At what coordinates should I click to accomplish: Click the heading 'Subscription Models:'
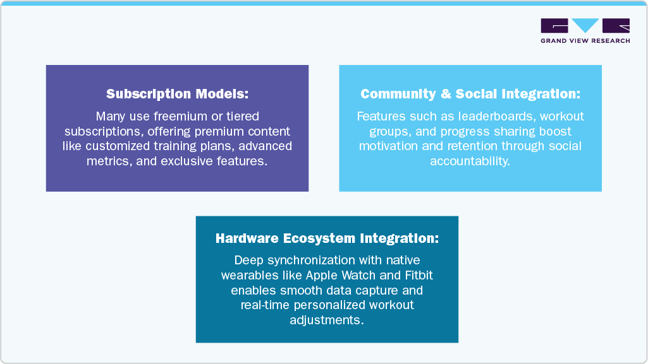[177, 94]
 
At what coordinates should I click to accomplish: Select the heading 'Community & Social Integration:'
[470, 94]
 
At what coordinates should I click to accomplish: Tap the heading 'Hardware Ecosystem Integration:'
[327, 238]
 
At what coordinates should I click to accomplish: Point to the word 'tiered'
[243, 117]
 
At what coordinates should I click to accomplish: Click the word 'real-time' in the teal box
[263, 305]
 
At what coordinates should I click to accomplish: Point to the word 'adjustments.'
[327, 320]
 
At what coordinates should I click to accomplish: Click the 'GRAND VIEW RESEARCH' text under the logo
[585, 41]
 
